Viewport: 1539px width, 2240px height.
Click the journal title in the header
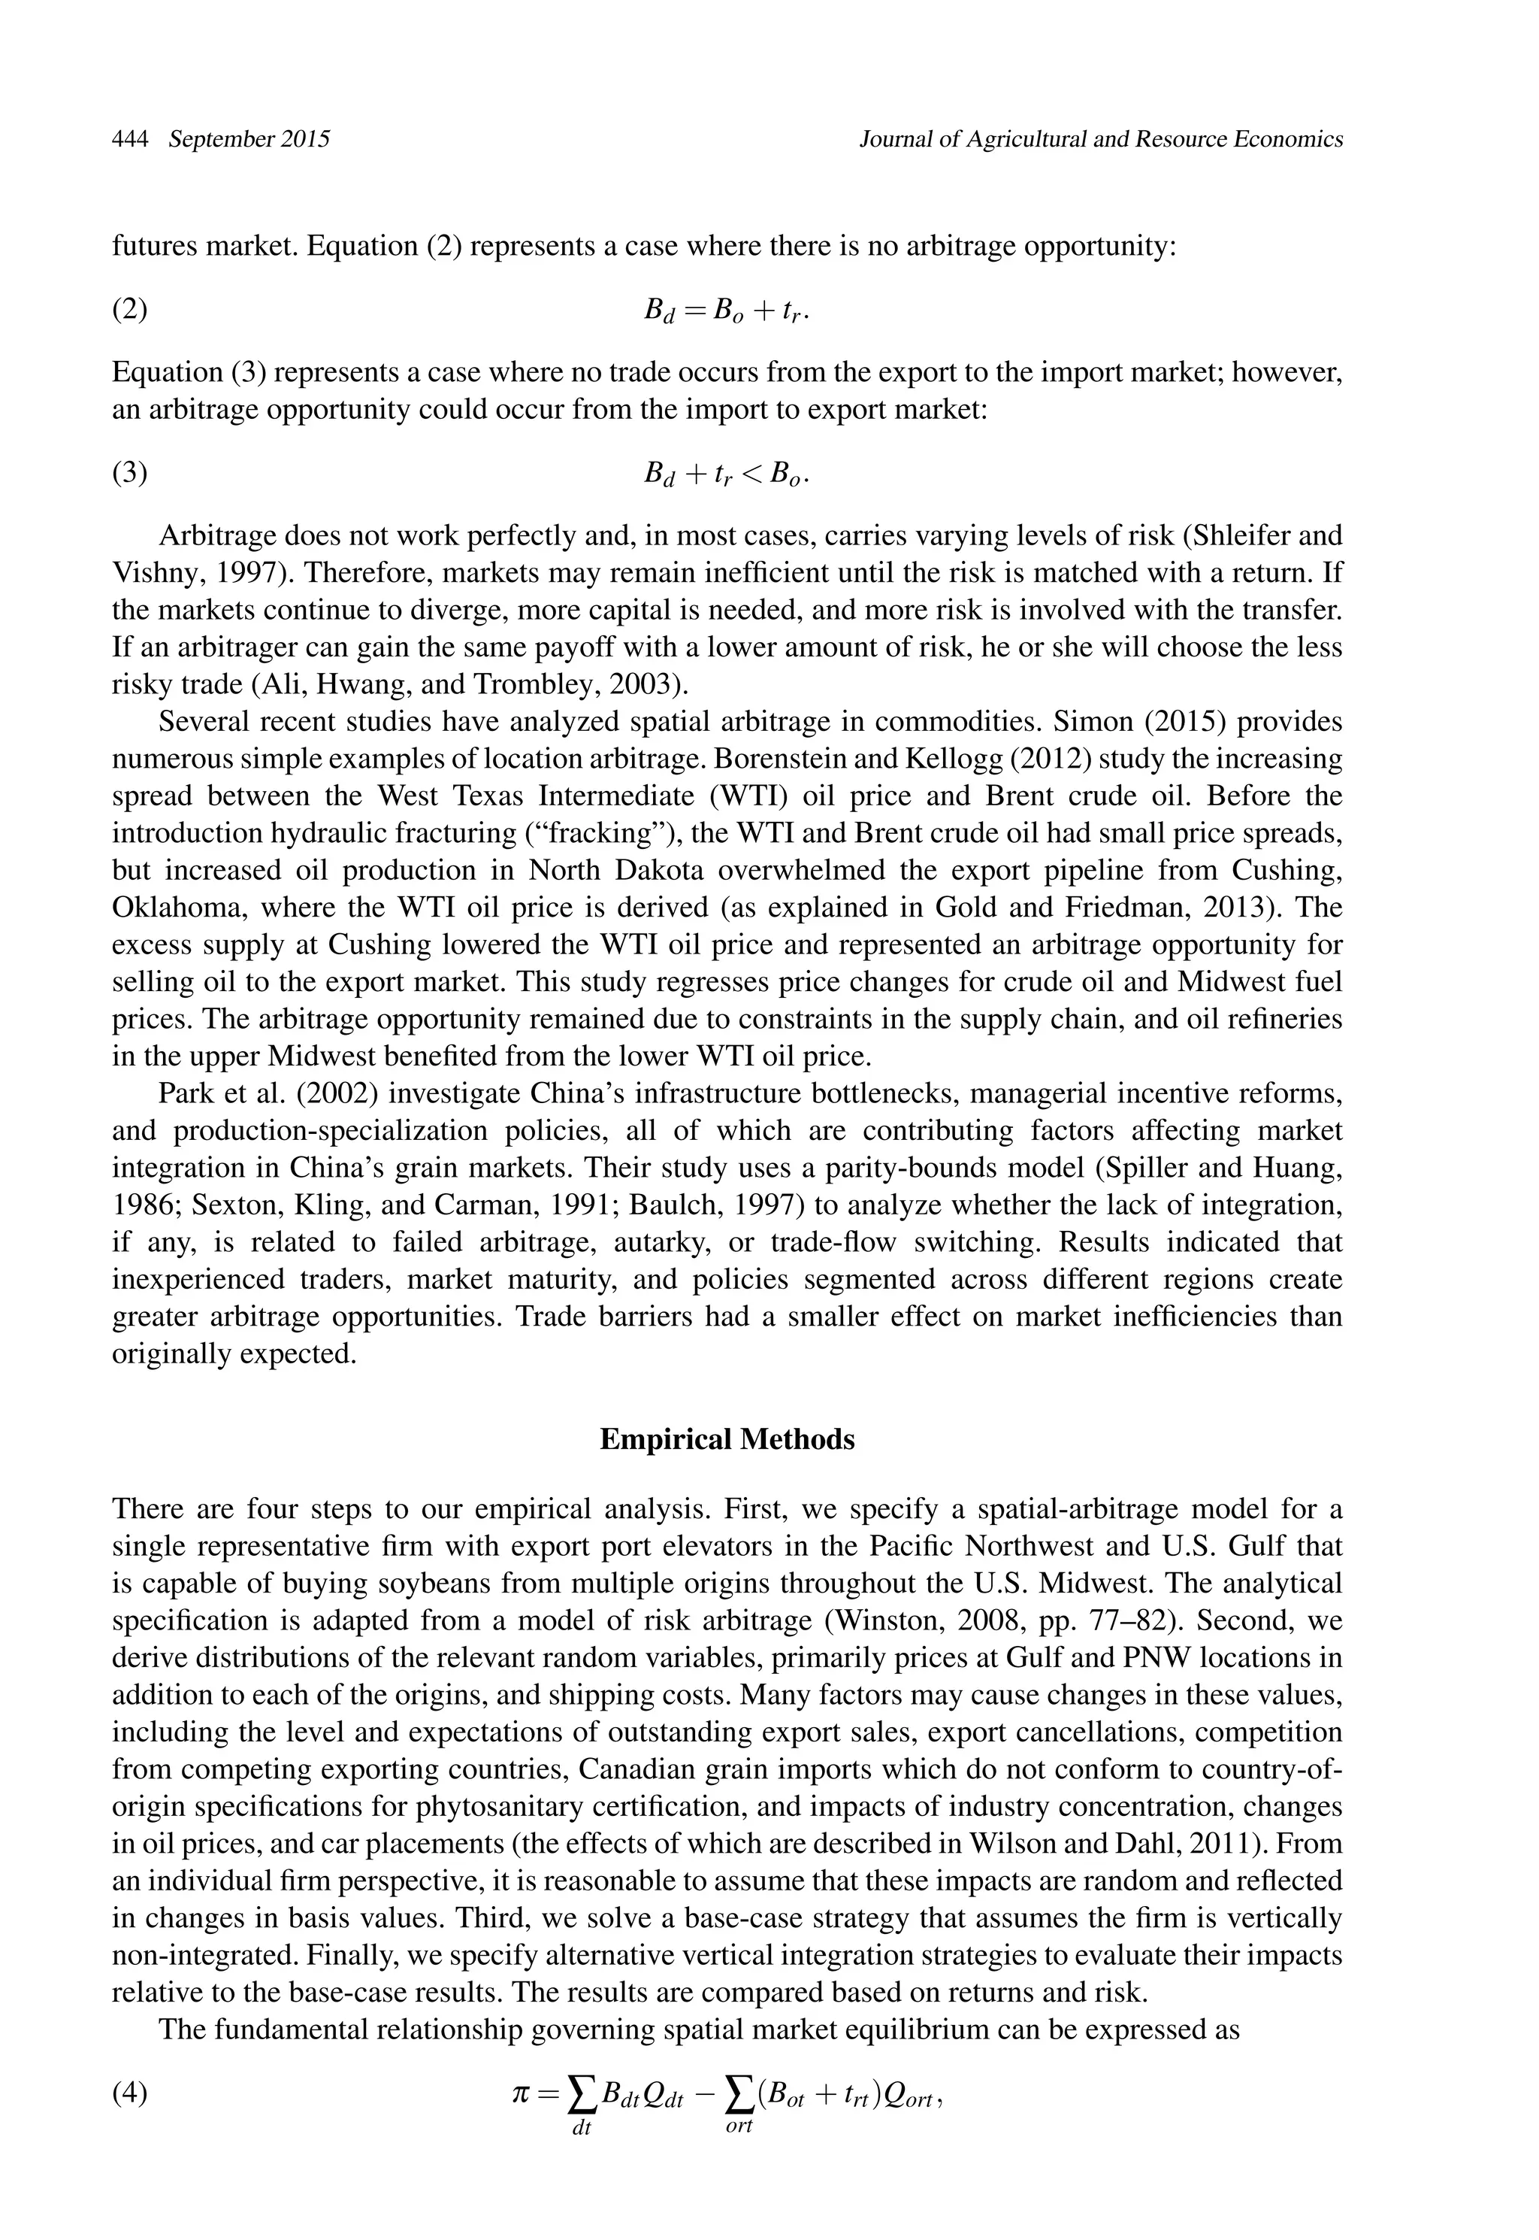tap(1100, 139)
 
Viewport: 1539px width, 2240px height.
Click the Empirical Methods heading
tap(727, 1439)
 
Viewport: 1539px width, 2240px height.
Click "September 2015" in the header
tap(249, 139)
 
